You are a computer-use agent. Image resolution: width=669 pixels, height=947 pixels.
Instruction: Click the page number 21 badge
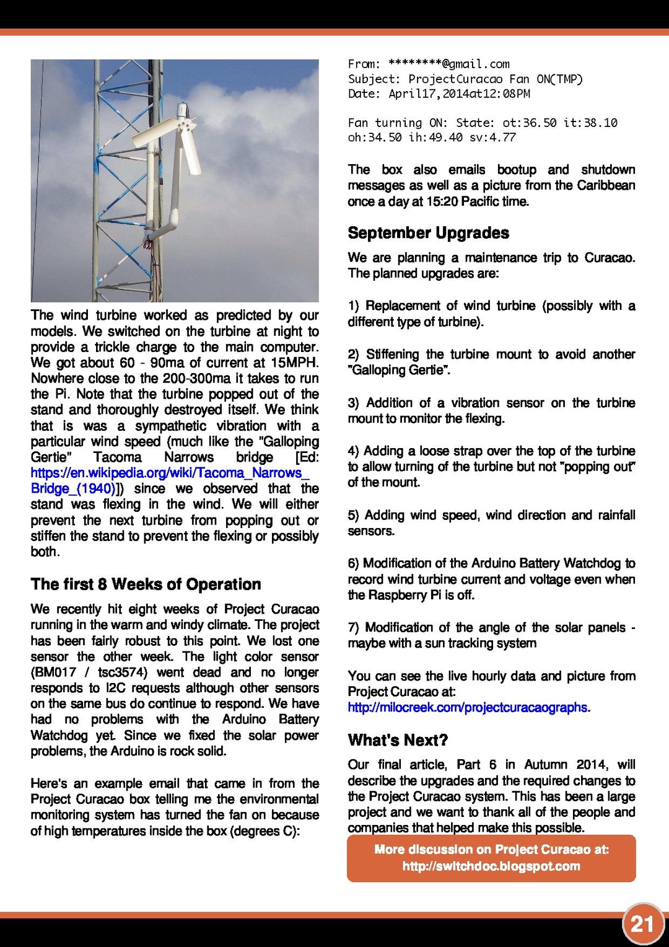(642, 925)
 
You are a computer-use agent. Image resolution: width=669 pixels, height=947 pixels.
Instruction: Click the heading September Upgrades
(428, 233)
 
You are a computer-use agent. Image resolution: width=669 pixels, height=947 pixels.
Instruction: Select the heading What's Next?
(398, 740)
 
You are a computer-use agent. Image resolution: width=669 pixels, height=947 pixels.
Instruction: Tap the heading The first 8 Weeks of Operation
(146, 584)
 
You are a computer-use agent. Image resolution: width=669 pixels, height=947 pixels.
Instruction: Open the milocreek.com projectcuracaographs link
(468, 708)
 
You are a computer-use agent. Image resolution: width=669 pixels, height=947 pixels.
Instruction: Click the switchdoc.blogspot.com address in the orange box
(491, 866)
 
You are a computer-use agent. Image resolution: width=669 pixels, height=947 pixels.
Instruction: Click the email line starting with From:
(429, 64)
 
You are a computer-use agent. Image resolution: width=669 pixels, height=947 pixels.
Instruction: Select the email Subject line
(465, 79)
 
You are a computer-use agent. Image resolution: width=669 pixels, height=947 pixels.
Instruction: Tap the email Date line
(439, 94)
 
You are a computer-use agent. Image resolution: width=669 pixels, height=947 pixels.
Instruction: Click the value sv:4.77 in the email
(492, 138)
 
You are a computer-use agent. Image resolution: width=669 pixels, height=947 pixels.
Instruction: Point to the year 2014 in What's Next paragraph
(591, 765)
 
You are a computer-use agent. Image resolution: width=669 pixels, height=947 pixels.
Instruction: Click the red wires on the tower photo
(149, 248)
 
